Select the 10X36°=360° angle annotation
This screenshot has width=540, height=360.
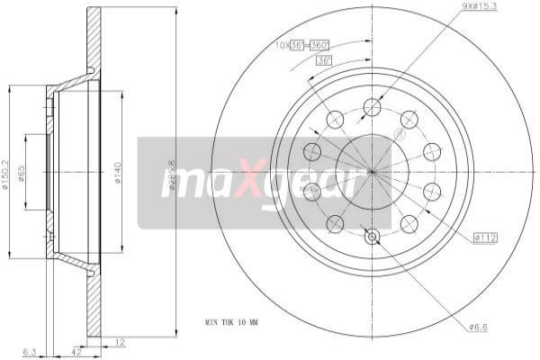point(304,43)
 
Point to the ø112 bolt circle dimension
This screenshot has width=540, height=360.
point(485,238)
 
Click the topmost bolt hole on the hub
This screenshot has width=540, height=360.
point(372,108)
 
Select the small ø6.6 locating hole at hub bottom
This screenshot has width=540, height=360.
point(372,237)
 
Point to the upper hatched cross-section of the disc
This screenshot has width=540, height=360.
point(93,36)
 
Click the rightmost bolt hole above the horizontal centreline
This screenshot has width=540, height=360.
point(432,151)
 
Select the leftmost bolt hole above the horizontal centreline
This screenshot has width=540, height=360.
point(312,151)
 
